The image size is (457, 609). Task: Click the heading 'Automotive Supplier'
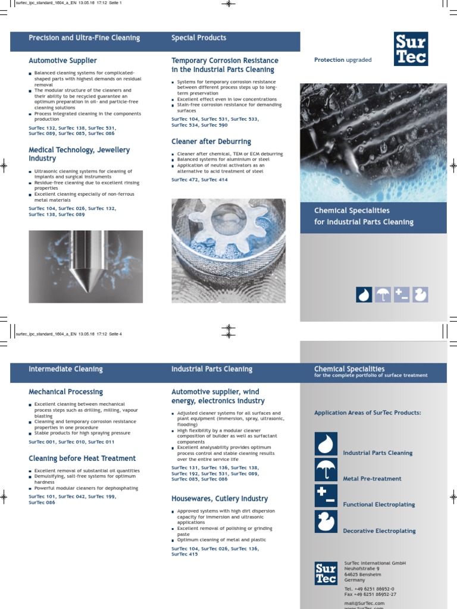tap(62, 61)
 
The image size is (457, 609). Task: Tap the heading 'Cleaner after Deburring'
tap(211, 142)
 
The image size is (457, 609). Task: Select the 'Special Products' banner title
tap(199, 38)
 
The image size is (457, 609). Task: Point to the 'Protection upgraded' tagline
tap(342, 60)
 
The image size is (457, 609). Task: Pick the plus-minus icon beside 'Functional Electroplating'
tap(325, 496)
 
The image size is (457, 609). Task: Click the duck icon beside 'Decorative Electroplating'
tap(325, 522)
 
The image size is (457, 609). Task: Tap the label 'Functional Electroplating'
tap(379, 504)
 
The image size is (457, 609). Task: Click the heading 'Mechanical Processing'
tap(65, 392)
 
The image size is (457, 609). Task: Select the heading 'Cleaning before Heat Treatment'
tap(82, 459)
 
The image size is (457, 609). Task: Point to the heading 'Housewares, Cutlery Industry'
tap(220, 498)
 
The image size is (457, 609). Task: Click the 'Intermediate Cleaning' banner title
tap(65, 369)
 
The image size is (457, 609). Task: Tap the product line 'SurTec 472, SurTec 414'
tap(199, 180)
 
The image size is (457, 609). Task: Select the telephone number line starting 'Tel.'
tap(369, 588)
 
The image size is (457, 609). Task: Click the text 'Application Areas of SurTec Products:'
tap(368, 413)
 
